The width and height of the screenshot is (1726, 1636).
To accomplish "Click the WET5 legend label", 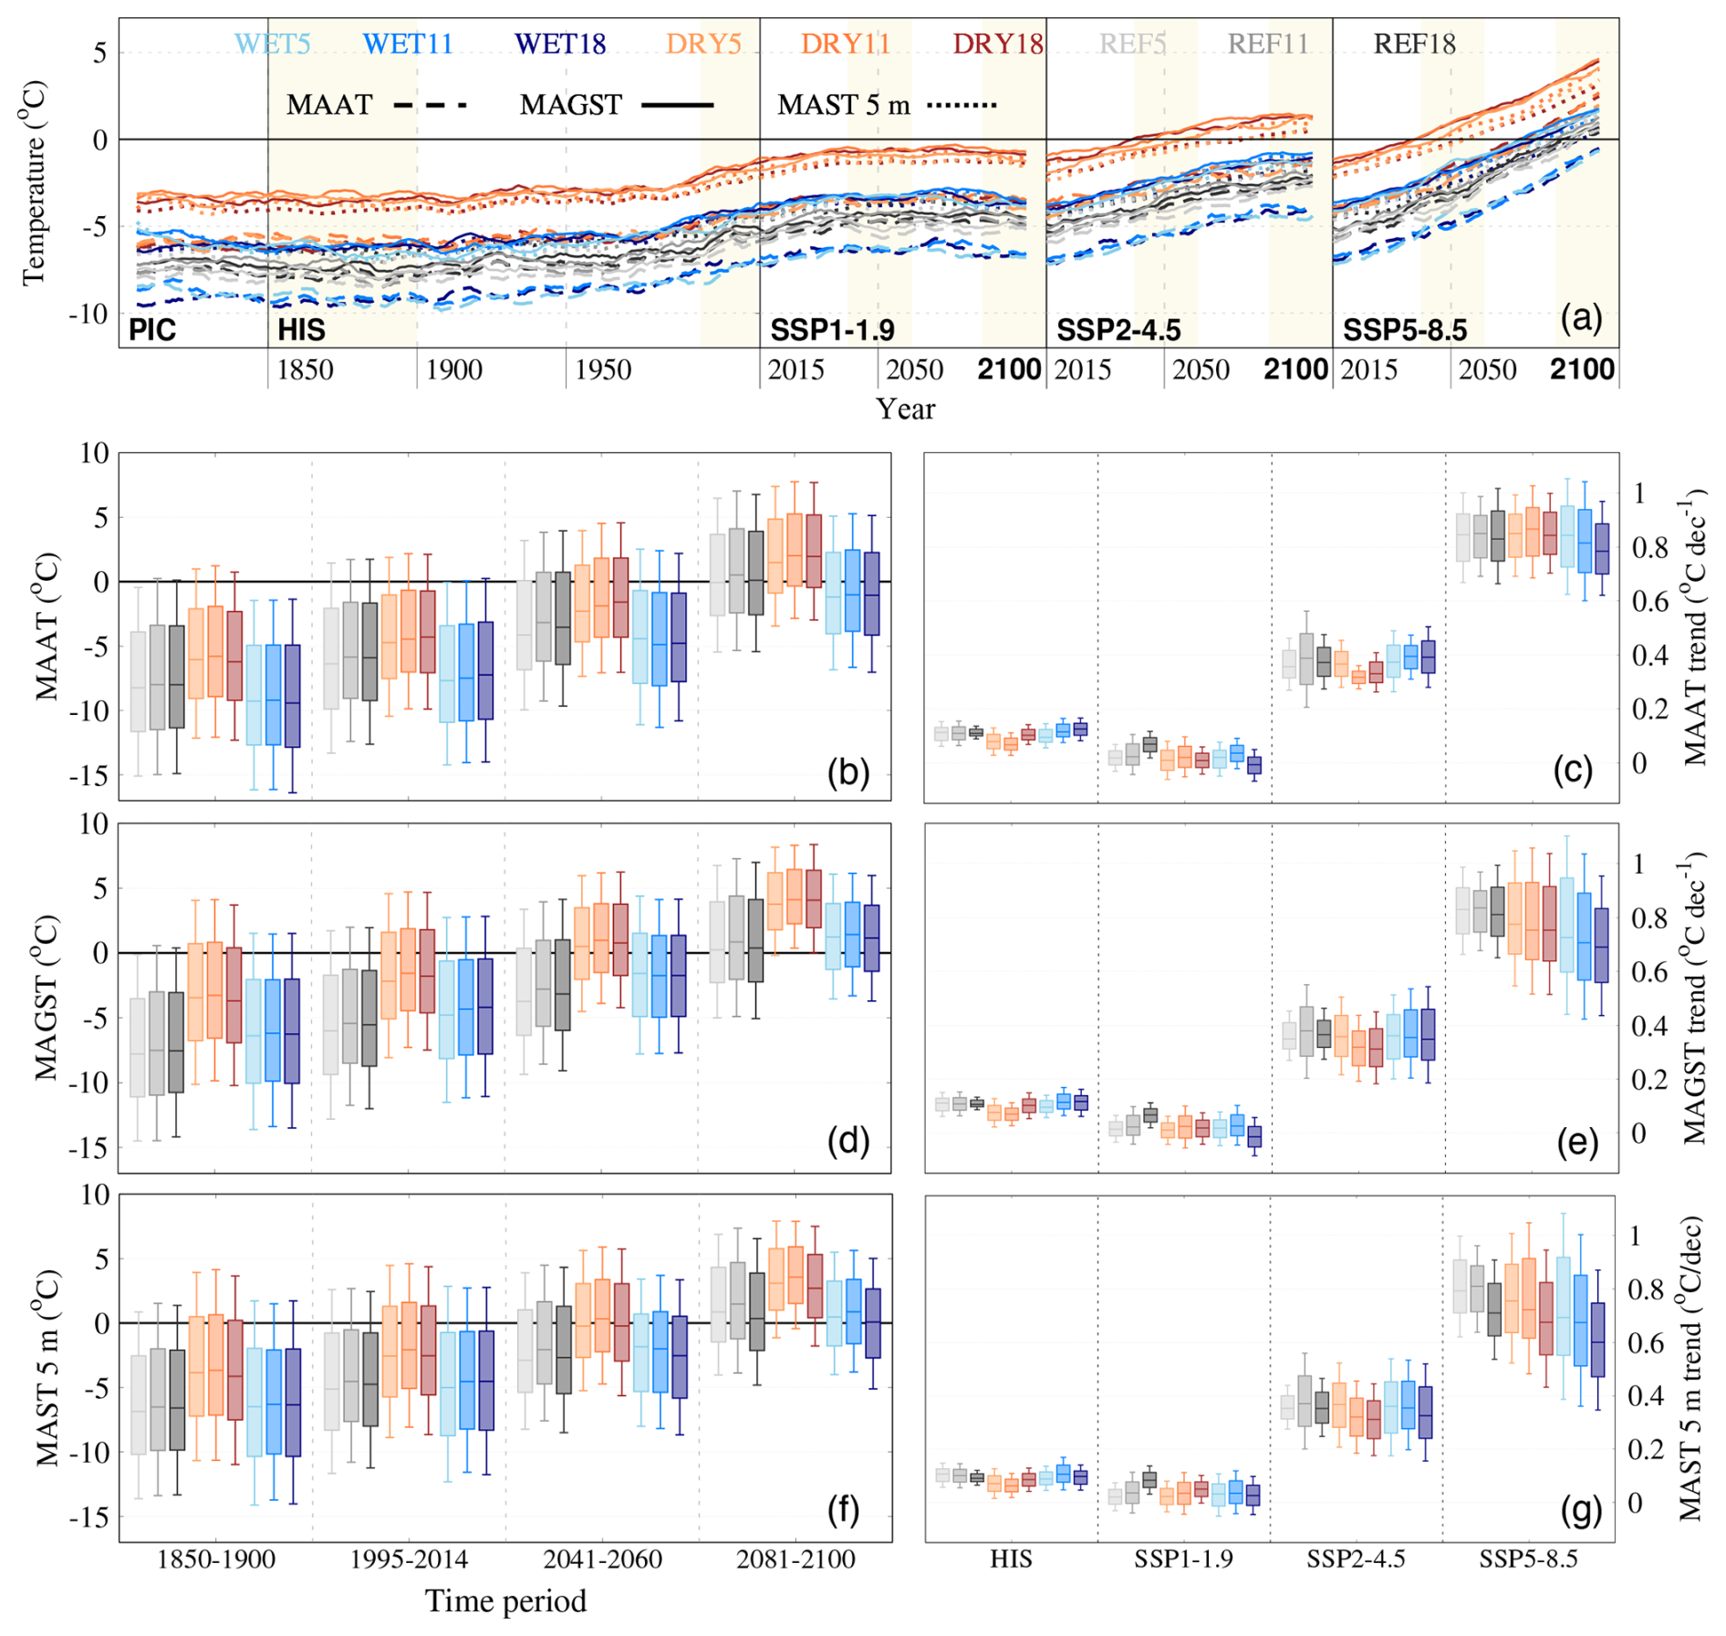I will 273,44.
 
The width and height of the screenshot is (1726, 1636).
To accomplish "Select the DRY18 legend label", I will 998,44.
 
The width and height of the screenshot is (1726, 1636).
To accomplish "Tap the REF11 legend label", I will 1268,44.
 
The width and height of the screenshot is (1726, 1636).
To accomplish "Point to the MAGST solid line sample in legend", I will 677,106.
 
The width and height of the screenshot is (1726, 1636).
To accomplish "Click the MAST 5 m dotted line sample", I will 962,106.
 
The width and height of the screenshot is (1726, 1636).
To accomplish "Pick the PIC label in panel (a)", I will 152,329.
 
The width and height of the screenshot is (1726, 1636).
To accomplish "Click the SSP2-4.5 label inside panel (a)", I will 1118,329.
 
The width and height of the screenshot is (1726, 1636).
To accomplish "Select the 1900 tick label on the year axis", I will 454,369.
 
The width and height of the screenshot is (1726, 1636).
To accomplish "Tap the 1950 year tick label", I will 603,369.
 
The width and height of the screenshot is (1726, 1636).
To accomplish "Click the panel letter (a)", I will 1581,318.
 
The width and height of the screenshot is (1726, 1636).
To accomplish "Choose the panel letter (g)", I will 1581,1510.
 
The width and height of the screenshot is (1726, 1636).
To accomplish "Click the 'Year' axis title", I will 905,409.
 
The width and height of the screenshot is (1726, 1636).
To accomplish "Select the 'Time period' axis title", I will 505,1601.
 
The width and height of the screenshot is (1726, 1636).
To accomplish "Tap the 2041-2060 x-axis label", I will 603,1559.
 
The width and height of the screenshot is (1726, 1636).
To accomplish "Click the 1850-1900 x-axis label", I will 216,1559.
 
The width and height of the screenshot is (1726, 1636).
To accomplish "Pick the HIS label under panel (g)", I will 1011,1559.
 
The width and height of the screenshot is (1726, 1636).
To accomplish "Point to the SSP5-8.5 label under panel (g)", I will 1528,1559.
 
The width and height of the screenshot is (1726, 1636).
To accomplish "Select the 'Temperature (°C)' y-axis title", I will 34,182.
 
